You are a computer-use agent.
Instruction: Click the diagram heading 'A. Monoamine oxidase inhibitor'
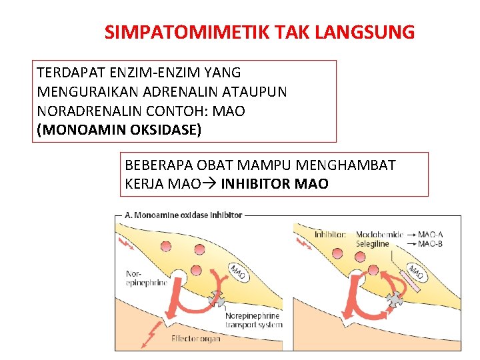click(183, 215)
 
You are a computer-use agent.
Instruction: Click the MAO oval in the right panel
click(415, 272)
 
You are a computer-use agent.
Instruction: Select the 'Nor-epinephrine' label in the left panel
click(146, 278)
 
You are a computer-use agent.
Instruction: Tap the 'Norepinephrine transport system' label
click(253, 320)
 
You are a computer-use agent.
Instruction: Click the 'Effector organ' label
click(195, 339)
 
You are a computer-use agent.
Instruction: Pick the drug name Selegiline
click(372, 244)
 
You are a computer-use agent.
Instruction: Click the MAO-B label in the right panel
click(429, 244)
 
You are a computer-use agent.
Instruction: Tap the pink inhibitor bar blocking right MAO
click(411, 282)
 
